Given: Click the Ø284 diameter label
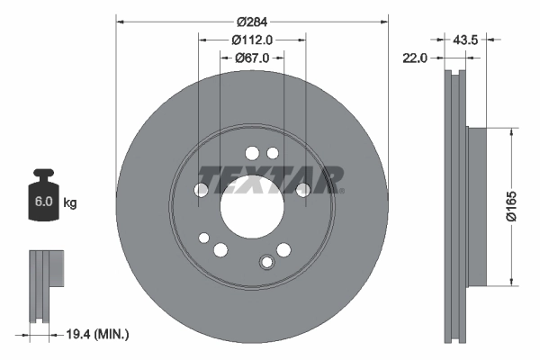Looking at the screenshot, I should (x=253, y=22).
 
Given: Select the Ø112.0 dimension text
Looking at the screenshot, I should (x=252, y=40).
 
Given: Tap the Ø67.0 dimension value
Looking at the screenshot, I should (x=253, y=58).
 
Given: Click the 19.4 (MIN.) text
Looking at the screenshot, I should (x=99, y=335).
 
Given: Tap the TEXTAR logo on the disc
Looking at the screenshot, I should (x=270, y=179).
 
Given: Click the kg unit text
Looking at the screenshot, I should (x=70, y=203).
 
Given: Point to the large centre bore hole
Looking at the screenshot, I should (x=252, y=199).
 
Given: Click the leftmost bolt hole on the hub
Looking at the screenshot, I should (x=202, y=190).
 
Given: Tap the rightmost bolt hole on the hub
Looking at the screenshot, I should (x=303, y=189).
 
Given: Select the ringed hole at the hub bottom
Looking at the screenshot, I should (x=266, y=262).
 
